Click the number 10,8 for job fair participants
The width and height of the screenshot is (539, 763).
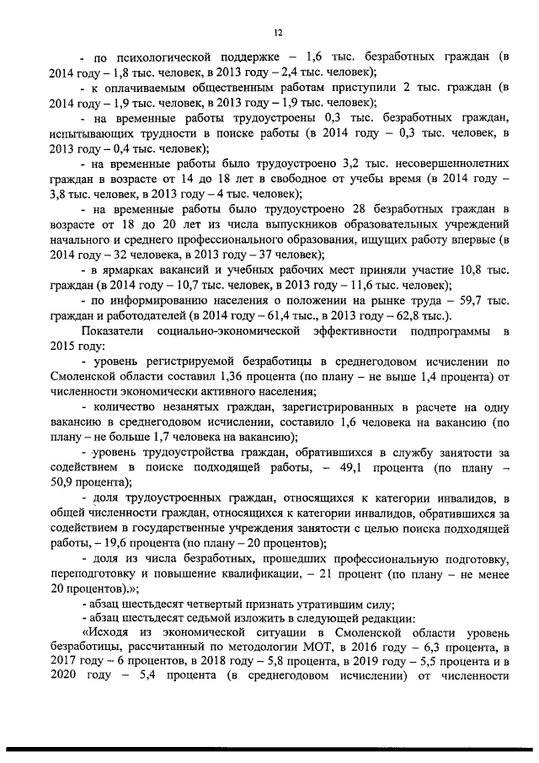pos(469,270)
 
